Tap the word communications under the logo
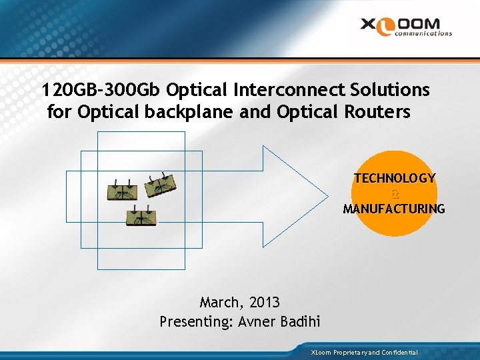click(x=423, y=33)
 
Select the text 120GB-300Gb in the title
click(x=101, y=89)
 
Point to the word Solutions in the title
click(x=387, y=89)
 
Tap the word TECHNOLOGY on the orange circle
click(x=395, y=179)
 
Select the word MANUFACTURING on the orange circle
click(x=394, y=209)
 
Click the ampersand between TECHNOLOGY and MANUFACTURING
click(x=395, y=194)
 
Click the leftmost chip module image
click(x=123, y=191)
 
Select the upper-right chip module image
click(x=162, y=184)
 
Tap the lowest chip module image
click(x=141, y=217)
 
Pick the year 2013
click(x=265, y=303)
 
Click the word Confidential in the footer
click(x=399, y=352)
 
